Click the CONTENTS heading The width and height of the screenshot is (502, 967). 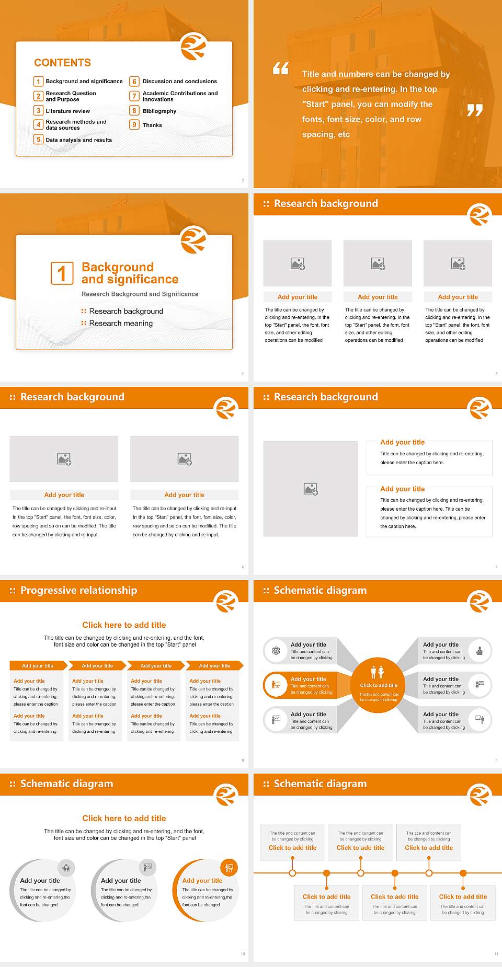(62, 63)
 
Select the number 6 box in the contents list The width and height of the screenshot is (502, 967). (134, 82)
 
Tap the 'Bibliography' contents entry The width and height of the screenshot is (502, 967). (159, 111)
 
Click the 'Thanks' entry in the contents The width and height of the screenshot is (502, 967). (152, 125)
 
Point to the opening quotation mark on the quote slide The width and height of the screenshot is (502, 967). (281, 68)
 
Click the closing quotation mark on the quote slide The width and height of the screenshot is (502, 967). (474, 110)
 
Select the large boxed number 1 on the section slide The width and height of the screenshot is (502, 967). (62, 273)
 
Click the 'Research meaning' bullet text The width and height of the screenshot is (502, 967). (121, 324)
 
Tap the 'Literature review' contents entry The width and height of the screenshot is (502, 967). (67, 111)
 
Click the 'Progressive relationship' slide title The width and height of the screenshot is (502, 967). (78, 590)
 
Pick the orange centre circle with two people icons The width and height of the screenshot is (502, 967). (378, 684)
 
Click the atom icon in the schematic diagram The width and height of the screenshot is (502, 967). (276, 651)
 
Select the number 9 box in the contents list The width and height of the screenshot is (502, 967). (134, 125)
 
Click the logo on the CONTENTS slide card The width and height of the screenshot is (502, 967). (193, 47)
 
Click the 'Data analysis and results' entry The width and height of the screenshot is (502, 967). (78, 140)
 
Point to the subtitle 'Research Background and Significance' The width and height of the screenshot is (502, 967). (140, 294)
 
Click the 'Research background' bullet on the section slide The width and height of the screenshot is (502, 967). (126, 312)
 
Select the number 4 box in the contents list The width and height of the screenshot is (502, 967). (38, 124)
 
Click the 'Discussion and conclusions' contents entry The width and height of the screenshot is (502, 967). (179, 82)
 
